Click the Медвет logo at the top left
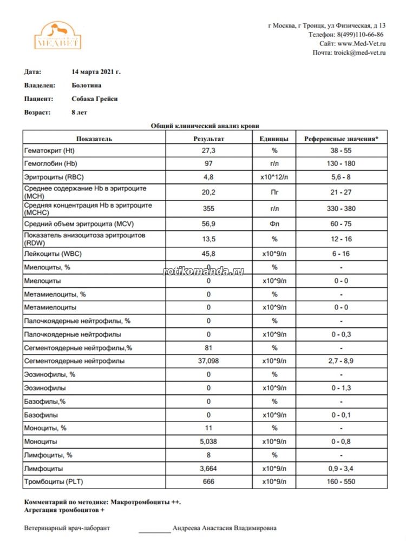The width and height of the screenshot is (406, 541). pyautogui.click(x=57, y=36)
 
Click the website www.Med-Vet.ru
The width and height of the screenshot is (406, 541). pyautogui.click(x=361, y=43)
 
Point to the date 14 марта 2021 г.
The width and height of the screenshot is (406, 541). pyautogui.click(x=96, y=71)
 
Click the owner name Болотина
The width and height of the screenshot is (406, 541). pyautogui.click(x=86, y=85)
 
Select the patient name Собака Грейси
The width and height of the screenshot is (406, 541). pyautogui.click(x=94, y=99)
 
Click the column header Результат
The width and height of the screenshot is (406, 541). pyautogui.click(x=208, y=138)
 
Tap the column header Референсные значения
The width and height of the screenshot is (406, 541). pyautogui.click(x=341, y=138)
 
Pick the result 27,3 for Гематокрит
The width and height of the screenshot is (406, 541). pyautogui.click(x=208, y=150)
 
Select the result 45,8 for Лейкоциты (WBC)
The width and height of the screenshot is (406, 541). pyautogui.click(x=208, y=254)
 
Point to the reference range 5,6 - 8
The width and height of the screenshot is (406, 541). pyautogui.click(x=341, y=177)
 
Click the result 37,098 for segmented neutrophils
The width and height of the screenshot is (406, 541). pyautogui.click(x=208, y=361)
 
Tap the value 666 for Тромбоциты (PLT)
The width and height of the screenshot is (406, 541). pyautogui.click(x=208, y=481)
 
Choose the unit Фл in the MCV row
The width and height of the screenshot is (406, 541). pyautogui.click(x=274, y=224)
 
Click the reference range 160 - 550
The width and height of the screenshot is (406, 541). pyautogui.click(x=341, y=481)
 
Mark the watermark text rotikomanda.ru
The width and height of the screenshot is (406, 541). pyautogui.click(x=203, y=270)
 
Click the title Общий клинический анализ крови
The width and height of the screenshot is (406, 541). pyautogui.click(x=205, y=126)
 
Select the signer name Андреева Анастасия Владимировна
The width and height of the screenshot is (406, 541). pyautogui.click(x=224, y=528)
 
